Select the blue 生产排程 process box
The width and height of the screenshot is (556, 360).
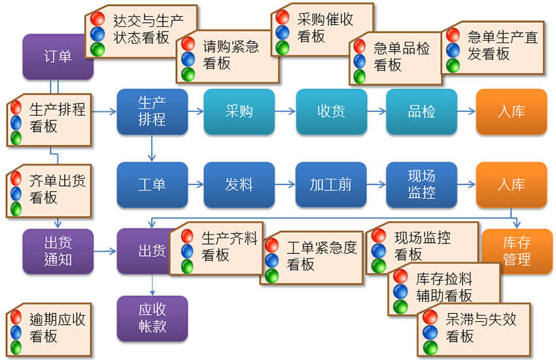[152, 111]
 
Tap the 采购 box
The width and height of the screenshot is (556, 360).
[239, 111]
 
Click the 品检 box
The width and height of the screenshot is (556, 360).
[421, 111]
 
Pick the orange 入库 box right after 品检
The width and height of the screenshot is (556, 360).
[511, 111]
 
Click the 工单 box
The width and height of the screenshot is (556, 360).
[152, 185]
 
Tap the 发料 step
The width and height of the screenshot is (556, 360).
[239, 185]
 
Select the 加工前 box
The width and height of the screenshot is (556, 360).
[331, 185]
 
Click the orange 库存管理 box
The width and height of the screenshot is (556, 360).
[516, 251]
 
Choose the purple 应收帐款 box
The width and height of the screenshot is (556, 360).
[152, 318]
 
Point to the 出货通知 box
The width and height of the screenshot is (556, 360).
[58, 251]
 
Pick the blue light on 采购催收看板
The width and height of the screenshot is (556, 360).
[283, 33]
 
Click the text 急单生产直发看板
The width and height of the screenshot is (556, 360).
[502, 45]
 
